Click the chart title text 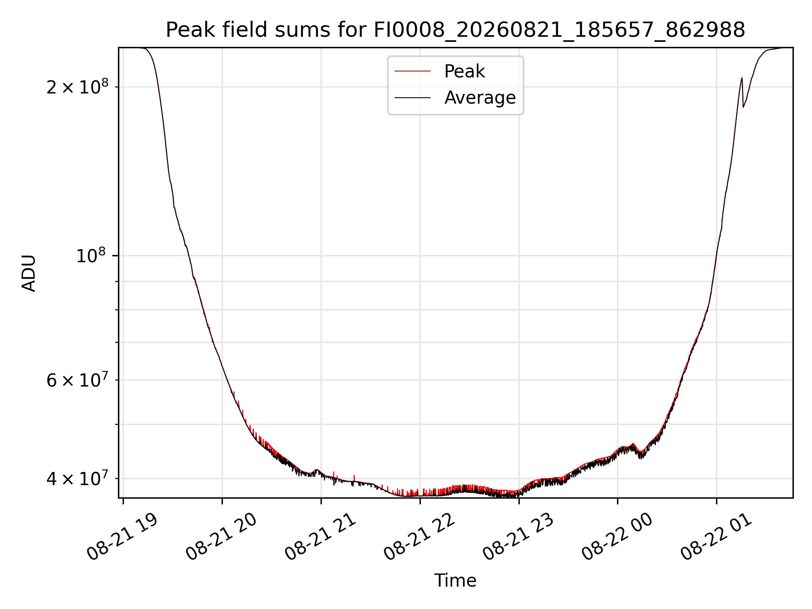point(455,30)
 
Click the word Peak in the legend point(464,71)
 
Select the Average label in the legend point(480,98)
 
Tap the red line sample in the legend point(412,71)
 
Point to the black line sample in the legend point(412,98)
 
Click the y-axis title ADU point(29,273)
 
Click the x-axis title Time point(455,581)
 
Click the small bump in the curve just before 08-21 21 point(316,470)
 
